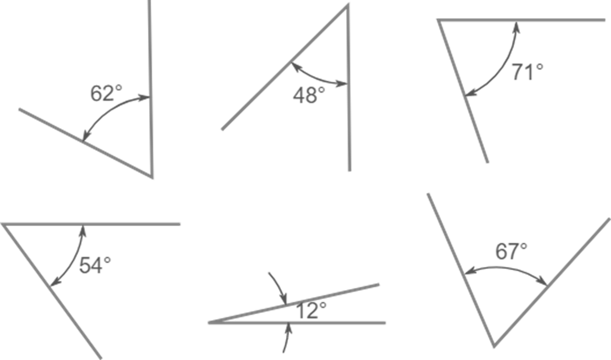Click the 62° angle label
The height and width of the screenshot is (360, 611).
(106, 93)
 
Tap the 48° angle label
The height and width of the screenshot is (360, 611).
(309, 95)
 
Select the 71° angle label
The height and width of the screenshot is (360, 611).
(527, 72)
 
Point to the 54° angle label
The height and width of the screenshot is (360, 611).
(95, 265)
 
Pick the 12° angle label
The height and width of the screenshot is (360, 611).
(311, 310)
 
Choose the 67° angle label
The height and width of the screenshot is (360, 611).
(511, 251)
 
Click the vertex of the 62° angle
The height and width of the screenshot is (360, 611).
(151, 177)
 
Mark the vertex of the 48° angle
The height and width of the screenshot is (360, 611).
(347, 5)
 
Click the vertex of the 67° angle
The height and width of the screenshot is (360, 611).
(494, 346)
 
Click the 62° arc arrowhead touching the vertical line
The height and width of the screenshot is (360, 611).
(145, 98)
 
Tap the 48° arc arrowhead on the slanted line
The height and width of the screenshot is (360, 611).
(295, 67)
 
